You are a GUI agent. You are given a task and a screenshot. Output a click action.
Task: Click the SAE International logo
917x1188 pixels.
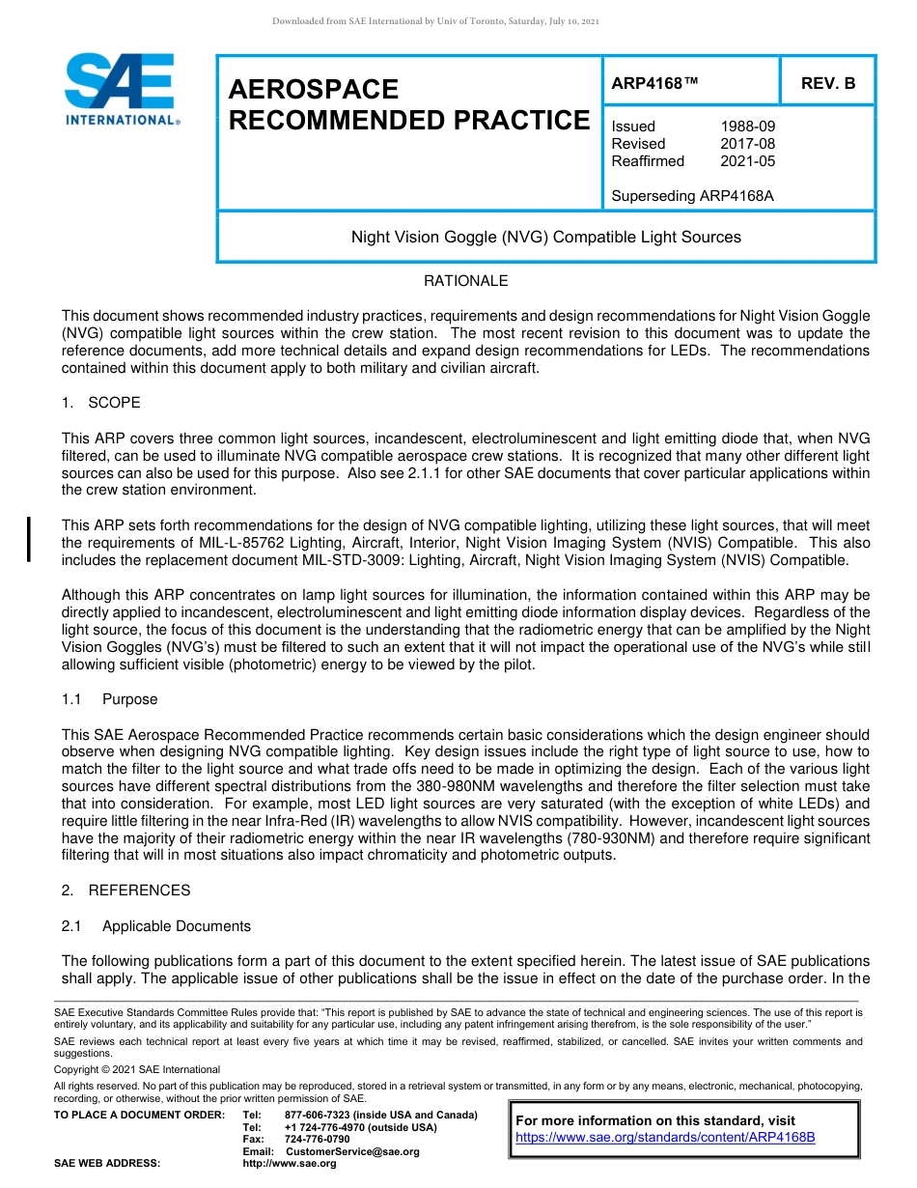point(121,89)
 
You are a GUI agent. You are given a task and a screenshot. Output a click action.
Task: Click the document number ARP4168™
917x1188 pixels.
point(653,84)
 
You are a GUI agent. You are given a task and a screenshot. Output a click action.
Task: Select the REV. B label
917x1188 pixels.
point(828,84)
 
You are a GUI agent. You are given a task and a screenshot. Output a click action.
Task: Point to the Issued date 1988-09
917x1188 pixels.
point(747,127)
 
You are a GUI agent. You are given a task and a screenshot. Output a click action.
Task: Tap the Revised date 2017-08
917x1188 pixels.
point(747,144)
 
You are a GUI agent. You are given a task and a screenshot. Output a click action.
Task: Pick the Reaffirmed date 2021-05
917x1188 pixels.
point(747,161)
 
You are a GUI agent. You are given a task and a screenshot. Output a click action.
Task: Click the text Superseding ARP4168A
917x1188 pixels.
point(692,196)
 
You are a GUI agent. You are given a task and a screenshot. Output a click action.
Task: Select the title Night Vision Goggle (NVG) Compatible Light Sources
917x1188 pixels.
point(545,237)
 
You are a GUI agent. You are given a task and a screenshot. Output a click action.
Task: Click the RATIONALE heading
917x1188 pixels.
point(465,281)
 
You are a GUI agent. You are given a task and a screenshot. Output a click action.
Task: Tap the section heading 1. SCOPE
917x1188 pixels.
point(100,403)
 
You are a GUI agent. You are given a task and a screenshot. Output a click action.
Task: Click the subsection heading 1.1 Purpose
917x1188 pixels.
point(109,699)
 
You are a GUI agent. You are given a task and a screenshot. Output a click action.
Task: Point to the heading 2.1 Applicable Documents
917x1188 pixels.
point(156,926)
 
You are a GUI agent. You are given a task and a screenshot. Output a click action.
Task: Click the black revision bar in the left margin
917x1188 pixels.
point(29,539)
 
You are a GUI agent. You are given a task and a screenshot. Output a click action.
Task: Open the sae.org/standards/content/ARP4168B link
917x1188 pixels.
point(665,1138)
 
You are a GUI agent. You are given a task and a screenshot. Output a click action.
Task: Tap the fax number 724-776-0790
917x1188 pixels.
point(317,1140)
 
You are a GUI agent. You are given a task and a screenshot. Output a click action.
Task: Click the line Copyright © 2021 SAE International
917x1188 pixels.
point(136,1069)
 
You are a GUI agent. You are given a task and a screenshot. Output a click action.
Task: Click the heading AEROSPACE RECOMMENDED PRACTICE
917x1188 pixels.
point(407,104)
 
